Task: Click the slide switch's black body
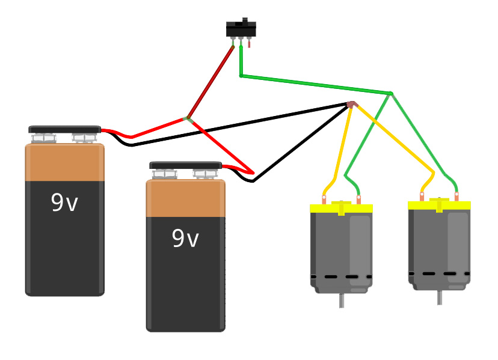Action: pos(241,29)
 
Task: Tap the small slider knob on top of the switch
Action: pos(245,20)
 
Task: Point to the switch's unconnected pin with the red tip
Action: pos(249,42)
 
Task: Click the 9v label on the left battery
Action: pos(64,202)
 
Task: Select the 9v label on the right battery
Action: pos(185,238)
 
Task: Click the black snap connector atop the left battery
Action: pos(65,129)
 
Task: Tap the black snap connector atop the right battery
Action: pos(186,165)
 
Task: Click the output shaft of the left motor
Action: pos(342,301)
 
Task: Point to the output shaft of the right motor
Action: pos(440,297)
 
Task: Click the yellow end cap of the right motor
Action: pos(439,205)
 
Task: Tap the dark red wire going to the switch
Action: pos(211,82)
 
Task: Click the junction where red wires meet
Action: pos(188,120)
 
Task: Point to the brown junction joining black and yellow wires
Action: pos(352,105)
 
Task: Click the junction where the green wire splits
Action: pos(392,94)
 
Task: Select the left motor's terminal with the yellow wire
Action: pos(324,200)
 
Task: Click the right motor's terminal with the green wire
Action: pos(456,197)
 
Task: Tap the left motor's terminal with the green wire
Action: pos(358,200)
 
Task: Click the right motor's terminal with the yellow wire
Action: pos(422,197)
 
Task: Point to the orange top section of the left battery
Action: pos(65,162)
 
